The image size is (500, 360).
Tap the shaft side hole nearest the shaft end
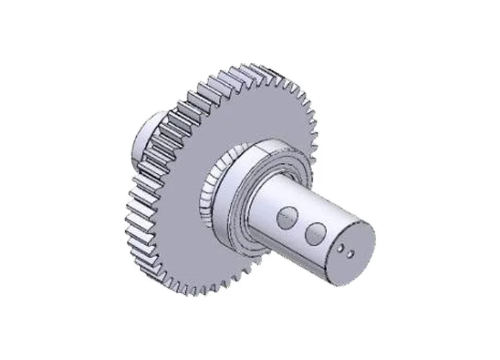316,233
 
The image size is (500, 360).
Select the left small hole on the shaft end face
341,248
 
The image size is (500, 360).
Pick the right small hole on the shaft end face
349,253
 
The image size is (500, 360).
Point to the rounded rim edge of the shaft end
370,238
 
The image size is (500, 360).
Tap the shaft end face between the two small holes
345,251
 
